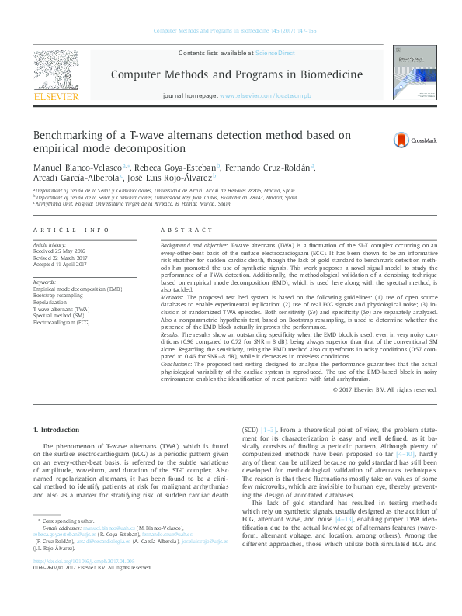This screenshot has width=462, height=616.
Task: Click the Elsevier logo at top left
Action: coord(55,77)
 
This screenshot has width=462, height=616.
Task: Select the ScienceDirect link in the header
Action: coord(274,53)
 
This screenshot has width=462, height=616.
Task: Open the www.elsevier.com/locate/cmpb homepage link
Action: coord(264,95)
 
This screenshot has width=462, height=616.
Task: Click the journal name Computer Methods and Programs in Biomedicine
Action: coord(237,74)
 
